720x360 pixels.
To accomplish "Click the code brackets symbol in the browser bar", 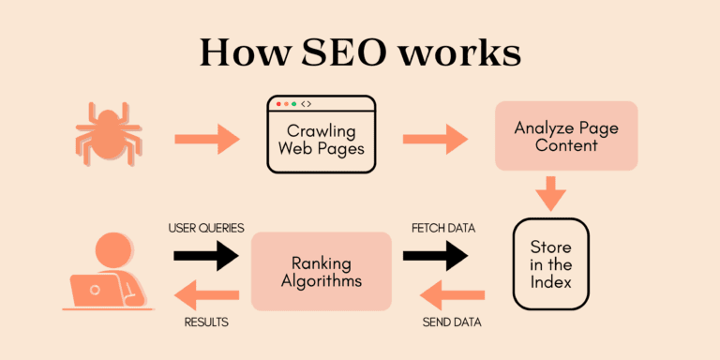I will [307, 104].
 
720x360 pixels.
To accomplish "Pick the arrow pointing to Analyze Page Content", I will [435, 141].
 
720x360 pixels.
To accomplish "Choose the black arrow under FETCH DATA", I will [435, 254].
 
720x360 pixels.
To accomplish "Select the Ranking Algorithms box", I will [321, 271].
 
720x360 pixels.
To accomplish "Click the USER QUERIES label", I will [206, 228].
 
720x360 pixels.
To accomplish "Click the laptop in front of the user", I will [97, 291].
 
